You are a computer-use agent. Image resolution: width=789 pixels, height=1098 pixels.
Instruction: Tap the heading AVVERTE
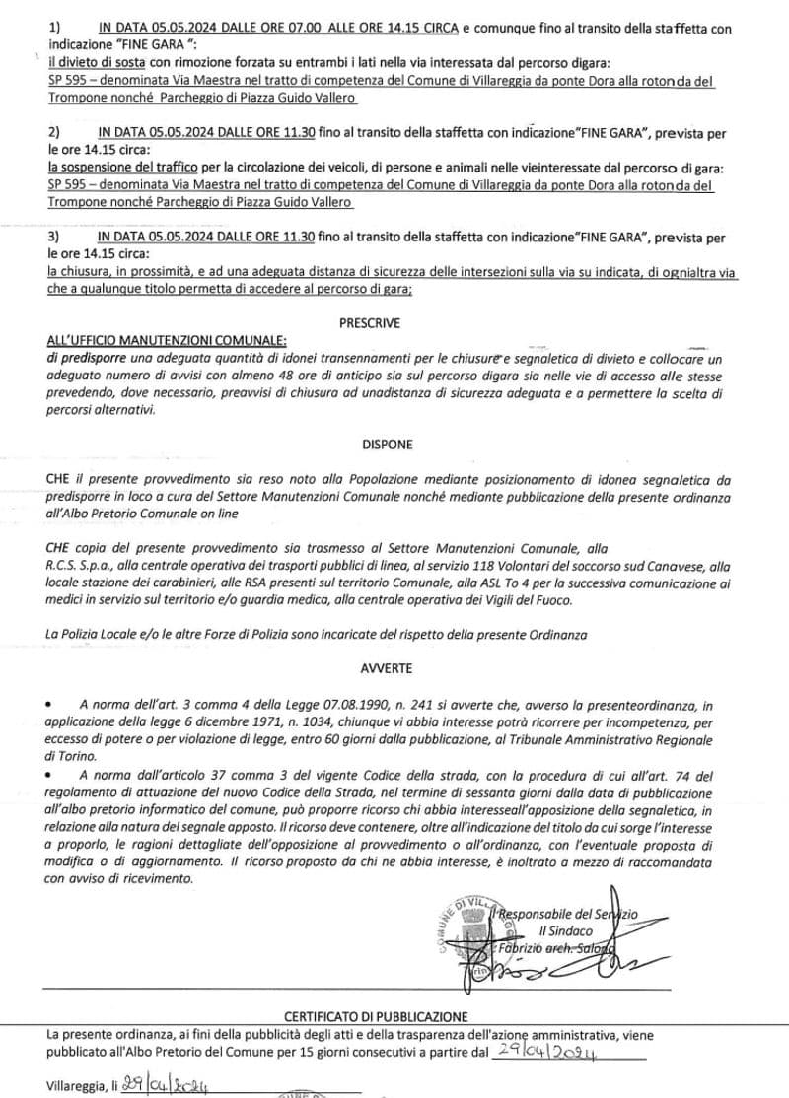pyautogui.click(x=387, y=667)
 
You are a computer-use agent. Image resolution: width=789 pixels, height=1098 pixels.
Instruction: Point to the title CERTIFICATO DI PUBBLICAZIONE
pyautogui.click(x=377, y=1016)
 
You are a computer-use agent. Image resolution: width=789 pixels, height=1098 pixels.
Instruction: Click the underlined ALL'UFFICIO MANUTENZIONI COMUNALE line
pyautogui.click(x=167, y=340)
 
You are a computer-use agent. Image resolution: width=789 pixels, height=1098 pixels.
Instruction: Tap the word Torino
pyautogui.click(x=75, y=757)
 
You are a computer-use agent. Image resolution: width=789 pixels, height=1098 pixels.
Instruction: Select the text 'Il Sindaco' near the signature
pyautogui.click(x=566, y=930)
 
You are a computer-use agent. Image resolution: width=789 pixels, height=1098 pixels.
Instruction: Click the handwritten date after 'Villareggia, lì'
pyautogui.click(x=166, y=1086)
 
